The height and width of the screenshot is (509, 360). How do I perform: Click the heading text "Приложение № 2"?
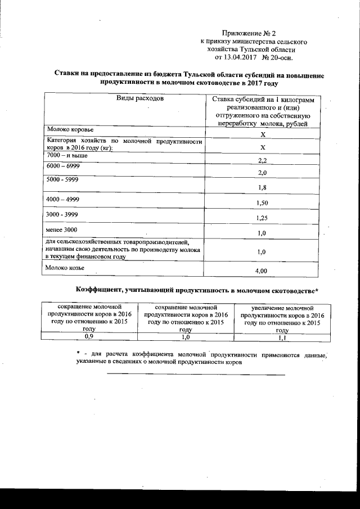pos(247,34)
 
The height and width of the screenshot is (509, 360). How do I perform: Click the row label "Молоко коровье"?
pos(71,129)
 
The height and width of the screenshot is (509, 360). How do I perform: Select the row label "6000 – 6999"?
pos(63,167)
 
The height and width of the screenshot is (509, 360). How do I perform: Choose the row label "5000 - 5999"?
pos(64,180)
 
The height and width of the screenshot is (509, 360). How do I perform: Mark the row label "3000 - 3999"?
pos(64,215)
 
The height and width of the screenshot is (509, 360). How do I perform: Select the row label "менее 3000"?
pos(63,231)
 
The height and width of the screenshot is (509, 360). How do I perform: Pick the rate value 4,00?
pos(261,272)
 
